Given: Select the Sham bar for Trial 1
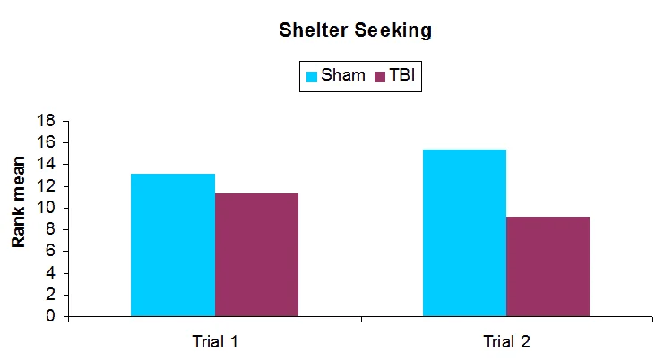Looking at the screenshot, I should click(173, 244).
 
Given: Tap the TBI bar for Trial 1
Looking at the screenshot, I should click(256, 254).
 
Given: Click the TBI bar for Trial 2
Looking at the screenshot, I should click(548, 266).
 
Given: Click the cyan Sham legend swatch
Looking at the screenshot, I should click(312, 76).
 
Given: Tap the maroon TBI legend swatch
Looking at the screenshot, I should click(380, 76).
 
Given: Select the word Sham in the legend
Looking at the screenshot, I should click(343, 75).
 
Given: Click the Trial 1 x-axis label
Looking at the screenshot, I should click(214, 341).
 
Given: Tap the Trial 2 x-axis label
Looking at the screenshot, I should click(506, 341).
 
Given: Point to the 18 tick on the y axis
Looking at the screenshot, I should click(47, 121).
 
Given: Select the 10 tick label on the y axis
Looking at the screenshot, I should click(47, 208).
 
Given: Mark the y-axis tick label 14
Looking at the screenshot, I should click(47, 164).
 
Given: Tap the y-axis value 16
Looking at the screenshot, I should click(47, 142).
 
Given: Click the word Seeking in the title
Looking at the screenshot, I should click(395, 30).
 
